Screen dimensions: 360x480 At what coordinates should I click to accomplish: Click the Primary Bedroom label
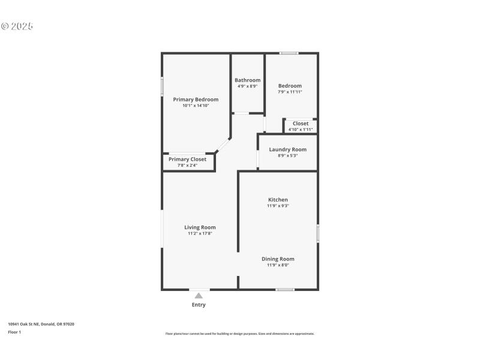[x=196, y=100]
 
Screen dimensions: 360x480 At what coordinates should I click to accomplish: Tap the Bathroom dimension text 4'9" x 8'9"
[x=247, y=86]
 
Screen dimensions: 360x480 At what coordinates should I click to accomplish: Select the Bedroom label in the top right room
[x=290, y=86]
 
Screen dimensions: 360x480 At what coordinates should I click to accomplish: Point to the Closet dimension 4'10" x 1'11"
[x=301, y=130]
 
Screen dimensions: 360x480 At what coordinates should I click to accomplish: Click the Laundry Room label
[x=287, y=149]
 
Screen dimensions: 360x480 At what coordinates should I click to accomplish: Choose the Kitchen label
[x=278, y=200]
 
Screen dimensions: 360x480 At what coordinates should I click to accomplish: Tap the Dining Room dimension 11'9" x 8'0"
[x=278, y=265]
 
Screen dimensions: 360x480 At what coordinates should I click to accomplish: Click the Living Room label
[x=200, y=227]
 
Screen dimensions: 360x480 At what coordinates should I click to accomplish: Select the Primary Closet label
[x=187, y=160]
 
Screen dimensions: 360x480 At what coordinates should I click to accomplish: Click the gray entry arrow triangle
[x=199, y=295]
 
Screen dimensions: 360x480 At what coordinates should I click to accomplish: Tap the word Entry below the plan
[x=199, y=305]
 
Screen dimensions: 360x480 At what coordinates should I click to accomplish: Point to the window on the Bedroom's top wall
[x=289, y=53]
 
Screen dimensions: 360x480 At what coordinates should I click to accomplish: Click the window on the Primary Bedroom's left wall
[x=162, y=86]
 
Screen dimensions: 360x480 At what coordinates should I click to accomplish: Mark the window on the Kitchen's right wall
[x=317, y=233]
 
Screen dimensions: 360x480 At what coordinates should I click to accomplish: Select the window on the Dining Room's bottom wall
[x=285, y=290]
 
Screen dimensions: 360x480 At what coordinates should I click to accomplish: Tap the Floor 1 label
[x=14, y=332]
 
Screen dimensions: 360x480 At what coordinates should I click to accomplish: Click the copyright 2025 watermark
[x=17, y=26]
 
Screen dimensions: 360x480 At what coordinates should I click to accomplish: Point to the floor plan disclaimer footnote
[x=239, y=334]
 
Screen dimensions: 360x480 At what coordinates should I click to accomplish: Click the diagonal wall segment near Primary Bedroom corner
[x=223, y=145]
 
